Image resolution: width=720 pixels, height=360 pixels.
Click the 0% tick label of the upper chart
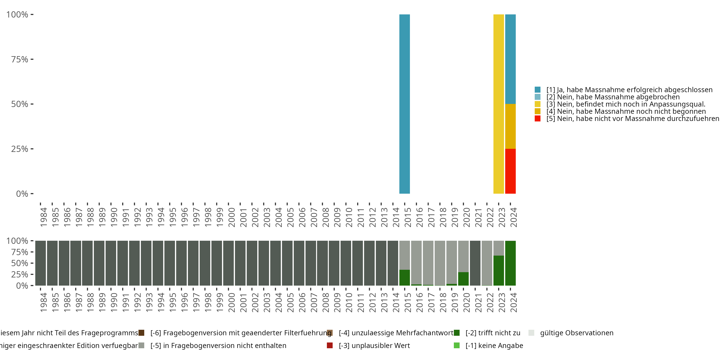[x=22, y=194]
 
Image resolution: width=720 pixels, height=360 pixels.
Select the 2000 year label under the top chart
[x=231, y=217]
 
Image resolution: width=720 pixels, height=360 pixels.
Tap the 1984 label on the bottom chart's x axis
[x=43, y=303]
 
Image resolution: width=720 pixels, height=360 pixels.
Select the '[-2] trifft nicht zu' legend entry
[x=493, y=333]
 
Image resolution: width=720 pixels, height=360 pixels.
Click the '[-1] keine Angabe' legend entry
[x=494, y=345]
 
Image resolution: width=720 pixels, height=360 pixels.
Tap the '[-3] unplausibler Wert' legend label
[x=374, y=345]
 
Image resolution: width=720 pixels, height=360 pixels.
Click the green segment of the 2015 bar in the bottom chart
[x=404, y=277]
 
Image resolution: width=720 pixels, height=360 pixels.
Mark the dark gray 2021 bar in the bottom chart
[x=475, y=263]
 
